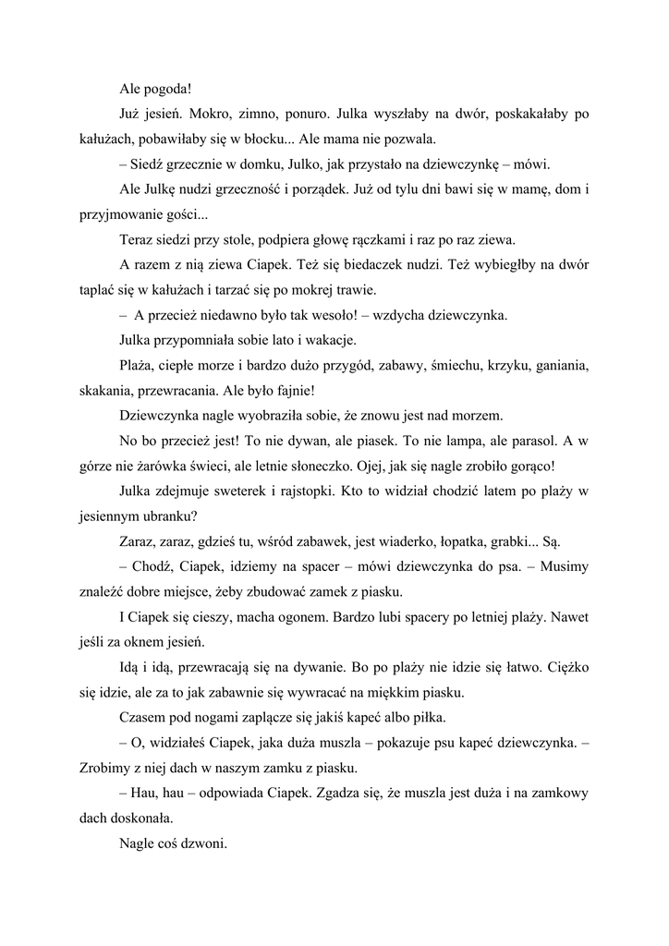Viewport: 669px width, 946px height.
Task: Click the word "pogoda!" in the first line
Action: pos(168,90)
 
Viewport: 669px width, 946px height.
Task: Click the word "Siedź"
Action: pos(152,166)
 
